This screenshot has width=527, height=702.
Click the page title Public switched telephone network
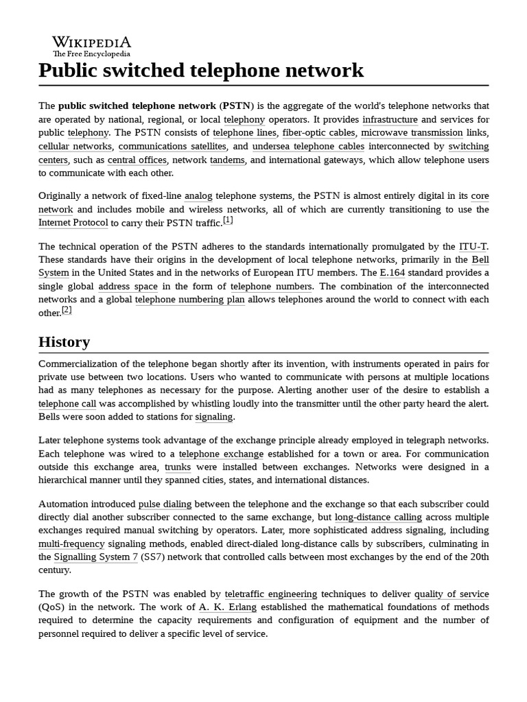click(201, 71)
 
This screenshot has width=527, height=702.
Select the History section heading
click(64, 341)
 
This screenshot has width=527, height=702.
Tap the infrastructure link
click(390, 119)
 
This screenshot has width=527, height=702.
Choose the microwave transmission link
click(412, 133)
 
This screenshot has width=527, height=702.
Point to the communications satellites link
click(172, 146)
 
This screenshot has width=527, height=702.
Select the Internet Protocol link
click(73, 223)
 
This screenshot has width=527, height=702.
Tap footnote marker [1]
click(228, 220)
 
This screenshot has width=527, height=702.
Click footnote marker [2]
click(67, 310)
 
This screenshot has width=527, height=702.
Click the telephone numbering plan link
click(189, 300)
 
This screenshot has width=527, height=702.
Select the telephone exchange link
click(221, 454)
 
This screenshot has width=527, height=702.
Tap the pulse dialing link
click(165, 504)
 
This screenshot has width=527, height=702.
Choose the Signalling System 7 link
click(96, 557)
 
